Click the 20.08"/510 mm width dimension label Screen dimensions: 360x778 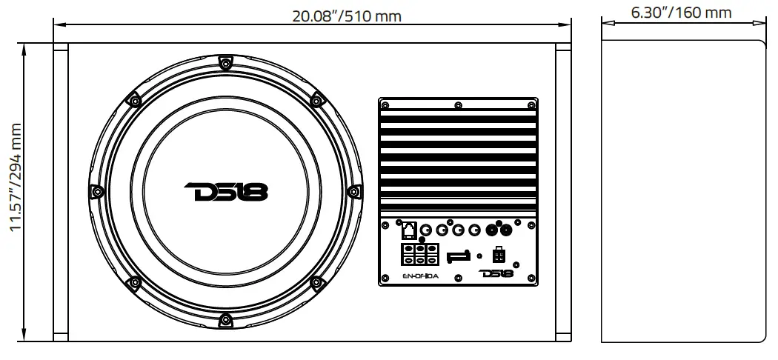341,15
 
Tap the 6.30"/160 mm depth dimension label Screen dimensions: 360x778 680,13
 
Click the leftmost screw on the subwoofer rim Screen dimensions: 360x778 96,192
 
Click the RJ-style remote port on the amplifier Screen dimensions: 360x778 408,229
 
